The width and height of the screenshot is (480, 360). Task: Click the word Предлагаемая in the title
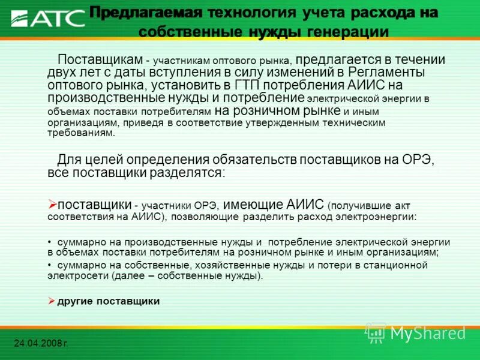pyautogui.click(x=145, y=13)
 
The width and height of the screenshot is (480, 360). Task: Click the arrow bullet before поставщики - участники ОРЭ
pyautogui.click(x=52, y=204)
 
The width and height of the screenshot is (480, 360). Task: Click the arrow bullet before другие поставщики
pyautogui.click(x=52, y=301)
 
